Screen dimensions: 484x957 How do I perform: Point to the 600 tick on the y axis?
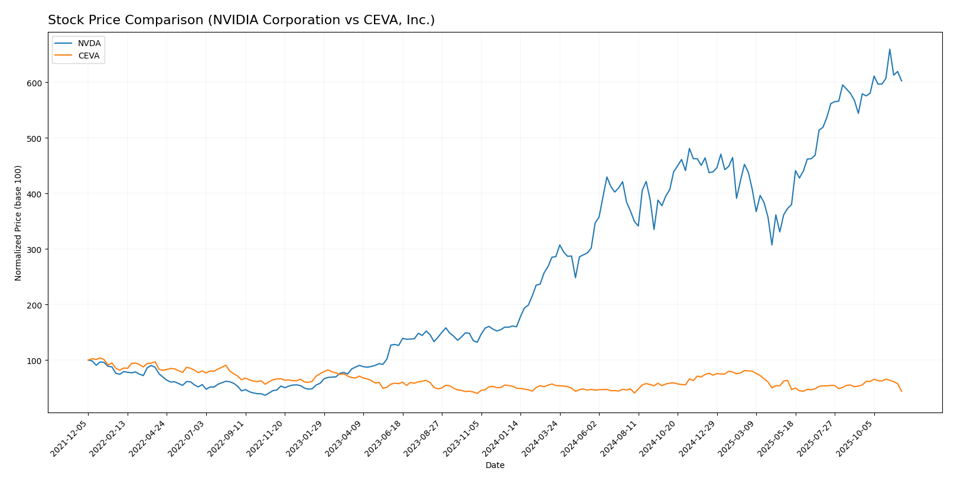tap(34, 83)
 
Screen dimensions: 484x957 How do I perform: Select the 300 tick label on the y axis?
tap(34, 249)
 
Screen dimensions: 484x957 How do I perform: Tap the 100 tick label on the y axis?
tap(34, 360)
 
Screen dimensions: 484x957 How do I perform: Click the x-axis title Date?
tap(494, 466)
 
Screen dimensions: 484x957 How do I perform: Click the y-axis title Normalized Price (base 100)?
tap(18, 223)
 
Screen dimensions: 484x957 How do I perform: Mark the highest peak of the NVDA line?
tap(890, 49)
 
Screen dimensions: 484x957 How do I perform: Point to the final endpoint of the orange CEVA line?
tap(901, 391)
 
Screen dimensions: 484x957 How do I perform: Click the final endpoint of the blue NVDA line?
tap(901, 81)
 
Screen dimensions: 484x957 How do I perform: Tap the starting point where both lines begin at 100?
tap(88, 360)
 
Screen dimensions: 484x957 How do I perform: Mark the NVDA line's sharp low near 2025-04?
tap(772, 245)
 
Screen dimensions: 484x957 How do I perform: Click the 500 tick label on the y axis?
tap(34, 138)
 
